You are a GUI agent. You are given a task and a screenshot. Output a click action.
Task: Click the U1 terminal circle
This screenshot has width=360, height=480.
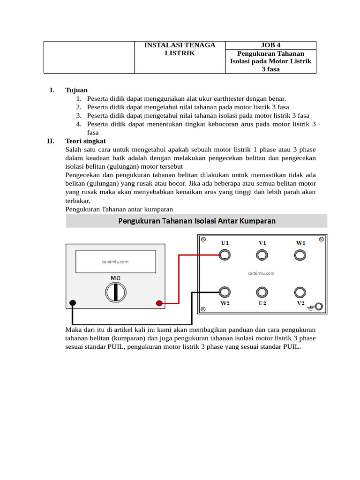click(225, 255)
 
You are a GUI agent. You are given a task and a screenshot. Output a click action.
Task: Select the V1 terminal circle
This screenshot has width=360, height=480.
click(262, 255)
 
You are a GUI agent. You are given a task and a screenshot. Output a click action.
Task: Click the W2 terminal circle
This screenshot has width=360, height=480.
click(225, 292)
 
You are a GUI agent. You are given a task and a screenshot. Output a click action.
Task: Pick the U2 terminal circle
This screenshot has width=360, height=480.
click(262, 292)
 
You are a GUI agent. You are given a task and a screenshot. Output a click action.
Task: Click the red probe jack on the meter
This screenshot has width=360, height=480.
click(159, 303)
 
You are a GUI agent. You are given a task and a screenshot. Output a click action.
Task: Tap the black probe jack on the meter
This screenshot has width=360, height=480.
click(73, 303)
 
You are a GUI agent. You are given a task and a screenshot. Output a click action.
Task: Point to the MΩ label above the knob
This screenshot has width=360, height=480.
click(115, 278)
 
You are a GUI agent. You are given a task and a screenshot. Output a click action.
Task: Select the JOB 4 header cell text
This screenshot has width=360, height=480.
click(271, 45)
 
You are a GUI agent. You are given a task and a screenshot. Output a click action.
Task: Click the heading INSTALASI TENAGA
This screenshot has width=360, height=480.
click(180, 45)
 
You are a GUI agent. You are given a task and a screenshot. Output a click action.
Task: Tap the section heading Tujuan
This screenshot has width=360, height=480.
click(76, 90)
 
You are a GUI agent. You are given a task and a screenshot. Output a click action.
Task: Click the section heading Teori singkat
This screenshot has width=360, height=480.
click(86, 141)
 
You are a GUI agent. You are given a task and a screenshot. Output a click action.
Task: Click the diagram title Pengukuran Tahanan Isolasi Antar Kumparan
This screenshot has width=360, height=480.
click(196, 221)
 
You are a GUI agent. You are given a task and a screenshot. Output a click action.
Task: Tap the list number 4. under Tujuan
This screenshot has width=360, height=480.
click(79, 124)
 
